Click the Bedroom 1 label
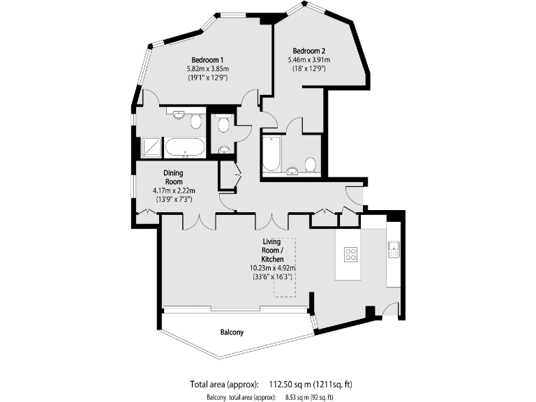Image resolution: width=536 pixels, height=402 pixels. pos(207,59)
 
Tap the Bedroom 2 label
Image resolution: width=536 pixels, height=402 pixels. pos(308,50)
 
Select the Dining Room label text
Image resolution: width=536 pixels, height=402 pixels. pos(173,177)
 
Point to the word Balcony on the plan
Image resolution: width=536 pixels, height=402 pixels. pos(232,332)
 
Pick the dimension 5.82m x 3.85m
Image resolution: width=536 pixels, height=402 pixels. pos(207,68)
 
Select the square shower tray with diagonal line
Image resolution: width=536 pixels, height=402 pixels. pos(151,147)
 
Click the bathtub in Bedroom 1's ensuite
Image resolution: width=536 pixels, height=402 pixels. pos(184,147)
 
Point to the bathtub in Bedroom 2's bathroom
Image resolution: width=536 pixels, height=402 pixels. pos(271,154)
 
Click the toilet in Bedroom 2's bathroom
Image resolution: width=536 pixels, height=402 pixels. pos(311,164)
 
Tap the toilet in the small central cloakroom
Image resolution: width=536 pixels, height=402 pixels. pos(223,125)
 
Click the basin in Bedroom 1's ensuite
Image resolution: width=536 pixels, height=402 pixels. pos(179,116)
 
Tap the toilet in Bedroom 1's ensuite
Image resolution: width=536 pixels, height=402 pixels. pos(196,122)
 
